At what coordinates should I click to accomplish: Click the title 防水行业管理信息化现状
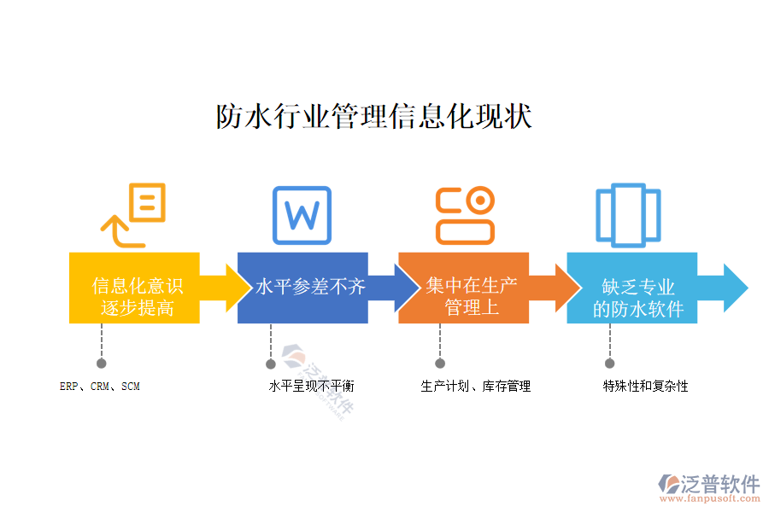tap(373, 117)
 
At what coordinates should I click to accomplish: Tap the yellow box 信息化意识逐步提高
tap(135, 288)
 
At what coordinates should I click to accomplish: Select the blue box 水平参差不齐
tap(302, 288)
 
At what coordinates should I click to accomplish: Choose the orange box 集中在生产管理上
tap(463, 288)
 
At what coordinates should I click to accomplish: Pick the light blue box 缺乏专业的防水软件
tap(631, 288)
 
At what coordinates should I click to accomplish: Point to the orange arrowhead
tap(564, 288)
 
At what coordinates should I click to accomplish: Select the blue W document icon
tap(301, 214)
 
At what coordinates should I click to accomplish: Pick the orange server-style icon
tap(465, 215)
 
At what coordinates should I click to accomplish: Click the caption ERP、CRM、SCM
tap(100, 387)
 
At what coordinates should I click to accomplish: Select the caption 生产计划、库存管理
tap(476, 387)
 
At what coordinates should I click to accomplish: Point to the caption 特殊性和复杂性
tap(645, 387)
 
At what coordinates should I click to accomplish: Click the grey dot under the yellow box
tap(102, 363)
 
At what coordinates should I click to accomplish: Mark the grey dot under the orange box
tap(440, 363)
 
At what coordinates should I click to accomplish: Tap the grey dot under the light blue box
tap(609, 363)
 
